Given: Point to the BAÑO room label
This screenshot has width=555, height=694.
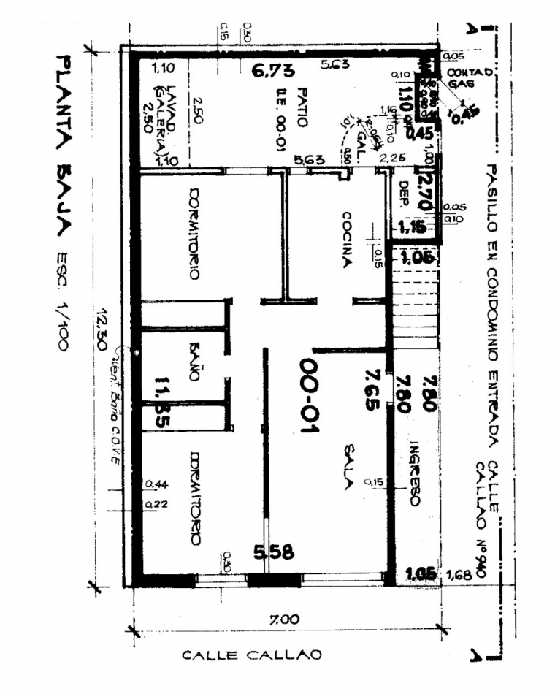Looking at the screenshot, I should tap(194, 361).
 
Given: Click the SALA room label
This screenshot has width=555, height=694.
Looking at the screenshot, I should tap(348, 468).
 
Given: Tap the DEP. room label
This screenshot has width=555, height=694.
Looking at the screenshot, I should tap(400, 195).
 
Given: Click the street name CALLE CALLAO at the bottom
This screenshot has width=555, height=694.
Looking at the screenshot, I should tap(251, 655).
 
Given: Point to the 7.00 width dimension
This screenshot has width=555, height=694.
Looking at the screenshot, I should tap(283, 619).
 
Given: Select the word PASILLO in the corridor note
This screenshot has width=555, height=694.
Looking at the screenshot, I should tap(494, 188).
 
